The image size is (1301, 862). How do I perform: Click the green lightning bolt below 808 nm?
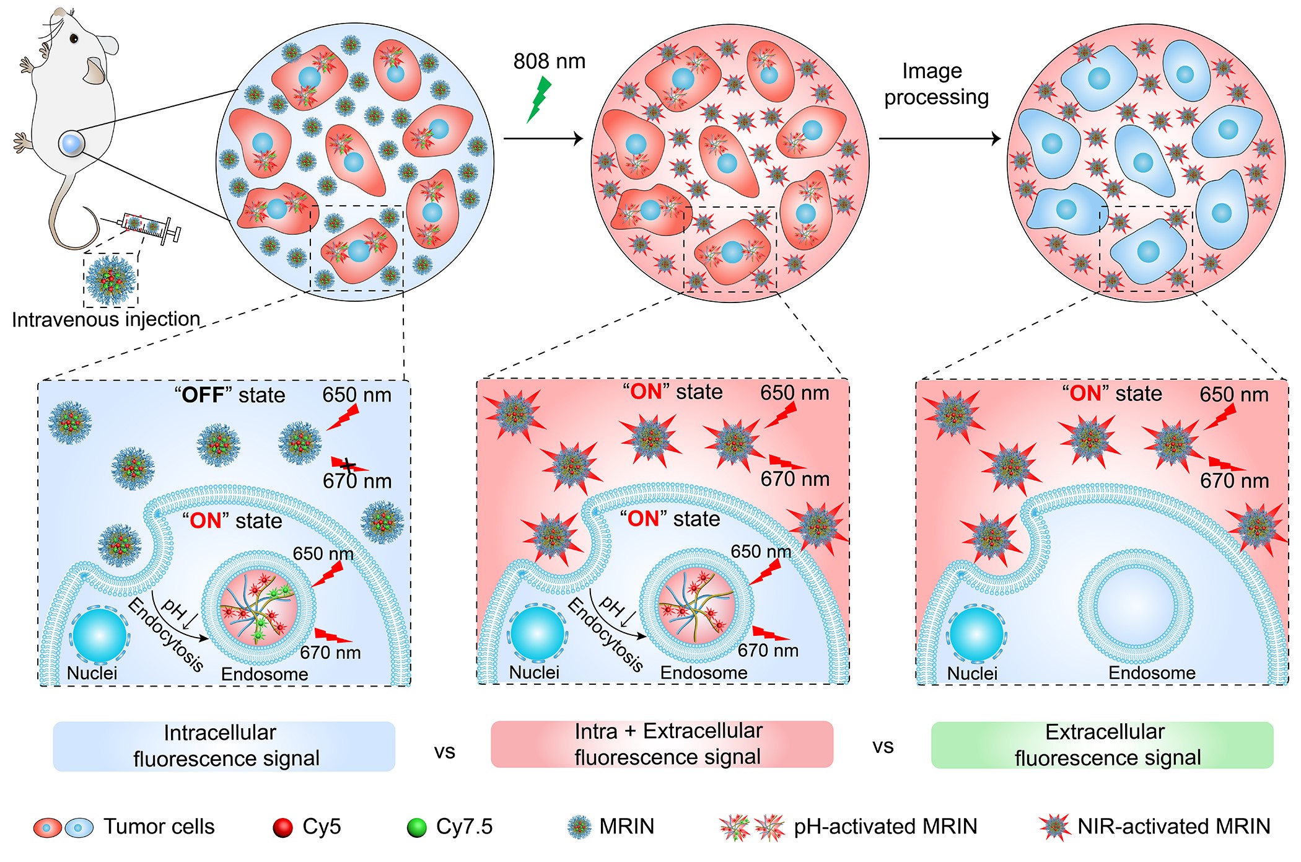coord(538,99)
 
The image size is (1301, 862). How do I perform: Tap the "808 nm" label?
coord(549,61)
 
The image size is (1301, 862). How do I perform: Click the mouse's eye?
coord(74,38)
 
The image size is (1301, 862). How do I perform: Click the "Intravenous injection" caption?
coord(106,319)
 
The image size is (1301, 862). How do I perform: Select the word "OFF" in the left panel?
coord(203,395)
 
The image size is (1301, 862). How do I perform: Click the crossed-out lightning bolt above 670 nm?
coord(348,465)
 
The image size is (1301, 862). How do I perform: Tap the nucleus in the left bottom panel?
coord(99,636)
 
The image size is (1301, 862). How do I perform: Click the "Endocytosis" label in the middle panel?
coord(605,635)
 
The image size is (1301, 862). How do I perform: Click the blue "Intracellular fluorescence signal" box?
coord(224,745)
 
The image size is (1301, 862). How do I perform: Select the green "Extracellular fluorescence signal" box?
coord(1102,745)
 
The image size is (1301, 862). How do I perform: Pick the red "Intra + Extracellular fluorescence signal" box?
coord(662,744)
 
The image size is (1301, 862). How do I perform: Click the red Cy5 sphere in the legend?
coord(283,828)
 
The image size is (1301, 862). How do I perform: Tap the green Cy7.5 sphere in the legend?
coord(416,828)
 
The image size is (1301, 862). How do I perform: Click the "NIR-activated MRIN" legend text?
coord(1173,826)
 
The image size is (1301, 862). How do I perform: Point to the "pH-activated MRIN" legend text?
coord(885,826)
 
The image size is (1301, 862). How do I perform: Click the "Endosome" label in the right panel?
coord(1152,672)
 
